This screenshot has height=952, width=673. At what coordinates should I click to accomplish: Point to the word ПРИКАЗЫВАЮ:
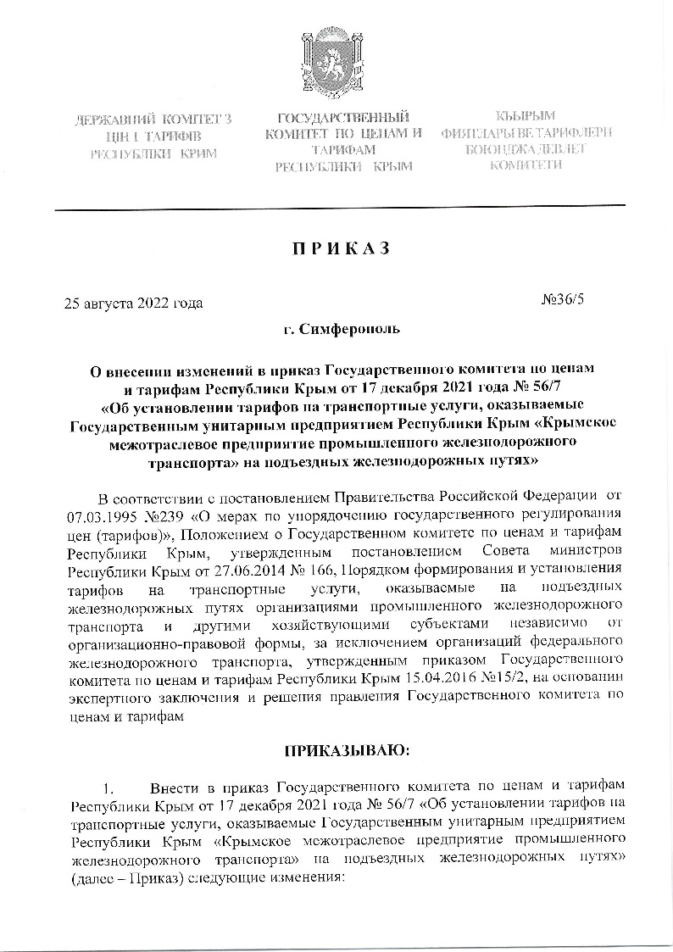(x=336, y=750)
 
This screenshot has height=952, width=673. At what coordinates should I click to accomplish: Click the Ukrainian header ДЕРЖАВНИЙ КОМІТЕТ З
(x=153, y=121)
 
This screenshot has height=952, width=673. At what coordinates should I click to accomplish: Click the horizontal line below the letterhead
(x=339, y=207)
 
